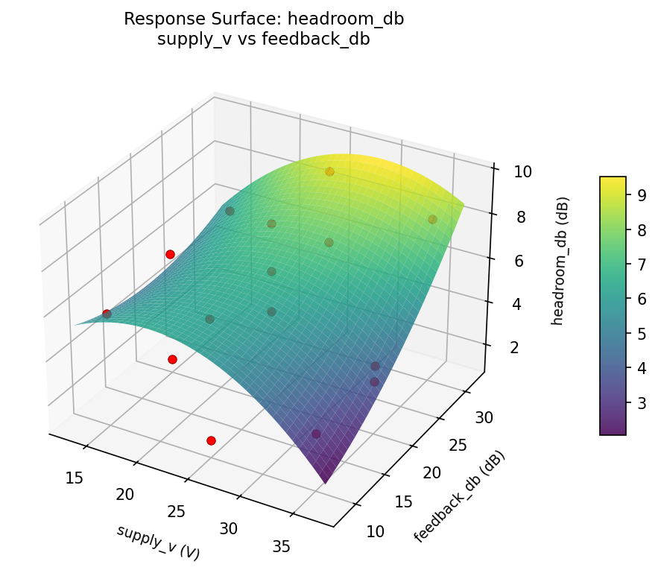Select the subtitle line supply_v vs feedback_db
(263, 39)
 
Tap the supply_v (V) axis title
(158, 542)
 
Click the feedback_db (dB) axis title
(459, 497)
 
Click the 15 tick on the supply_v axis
(74, 478)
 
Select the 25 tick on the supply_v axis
(177, 511)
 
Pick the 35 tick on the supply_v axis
(281, 546)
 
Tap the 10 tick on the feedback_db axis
(376, 531)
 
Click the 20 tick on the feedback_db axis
(431, 473)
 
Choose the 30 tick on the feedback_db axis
(484, 417)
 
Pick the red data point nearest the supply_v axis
(211, 440)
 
